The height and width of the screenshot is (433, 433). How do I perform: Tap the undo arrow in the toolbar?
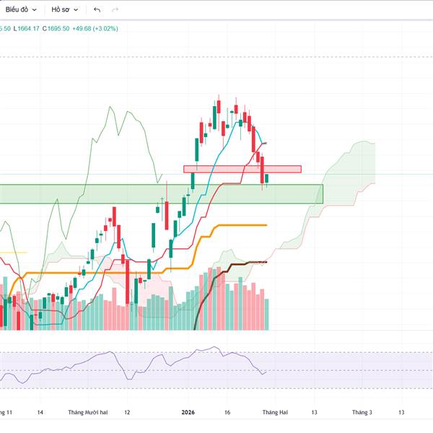pos(97,10)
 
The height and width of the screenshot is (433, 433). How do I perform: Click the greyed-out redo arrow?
pos(115,10)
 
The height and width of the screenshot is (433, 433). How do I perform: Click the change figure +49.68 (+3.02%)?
pos(95,29)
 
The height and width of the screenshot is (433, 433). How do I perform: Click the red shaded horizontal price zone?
pos(242,169)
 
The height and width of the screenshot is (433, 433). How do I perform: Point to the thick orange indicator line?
pos(238,225)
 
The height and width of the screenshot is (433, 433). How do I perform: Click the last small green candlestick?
pos(266,179)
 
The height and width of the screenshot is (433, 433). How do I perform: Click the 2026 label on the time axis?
pos(188,412)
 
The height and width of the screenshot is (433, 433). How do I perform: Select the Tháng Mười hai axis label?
pos(87,412)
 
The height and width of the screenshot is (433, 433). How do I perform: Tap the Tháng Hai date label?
pos(274,412)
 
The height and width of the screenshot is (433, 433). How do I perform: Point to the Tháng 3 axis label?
pos(362,412)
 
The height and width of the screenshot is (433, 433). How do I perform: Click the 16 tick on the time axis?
pos(227,412)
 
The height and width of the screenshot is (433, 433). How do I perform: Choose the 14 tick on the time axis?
pos(40,412)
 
